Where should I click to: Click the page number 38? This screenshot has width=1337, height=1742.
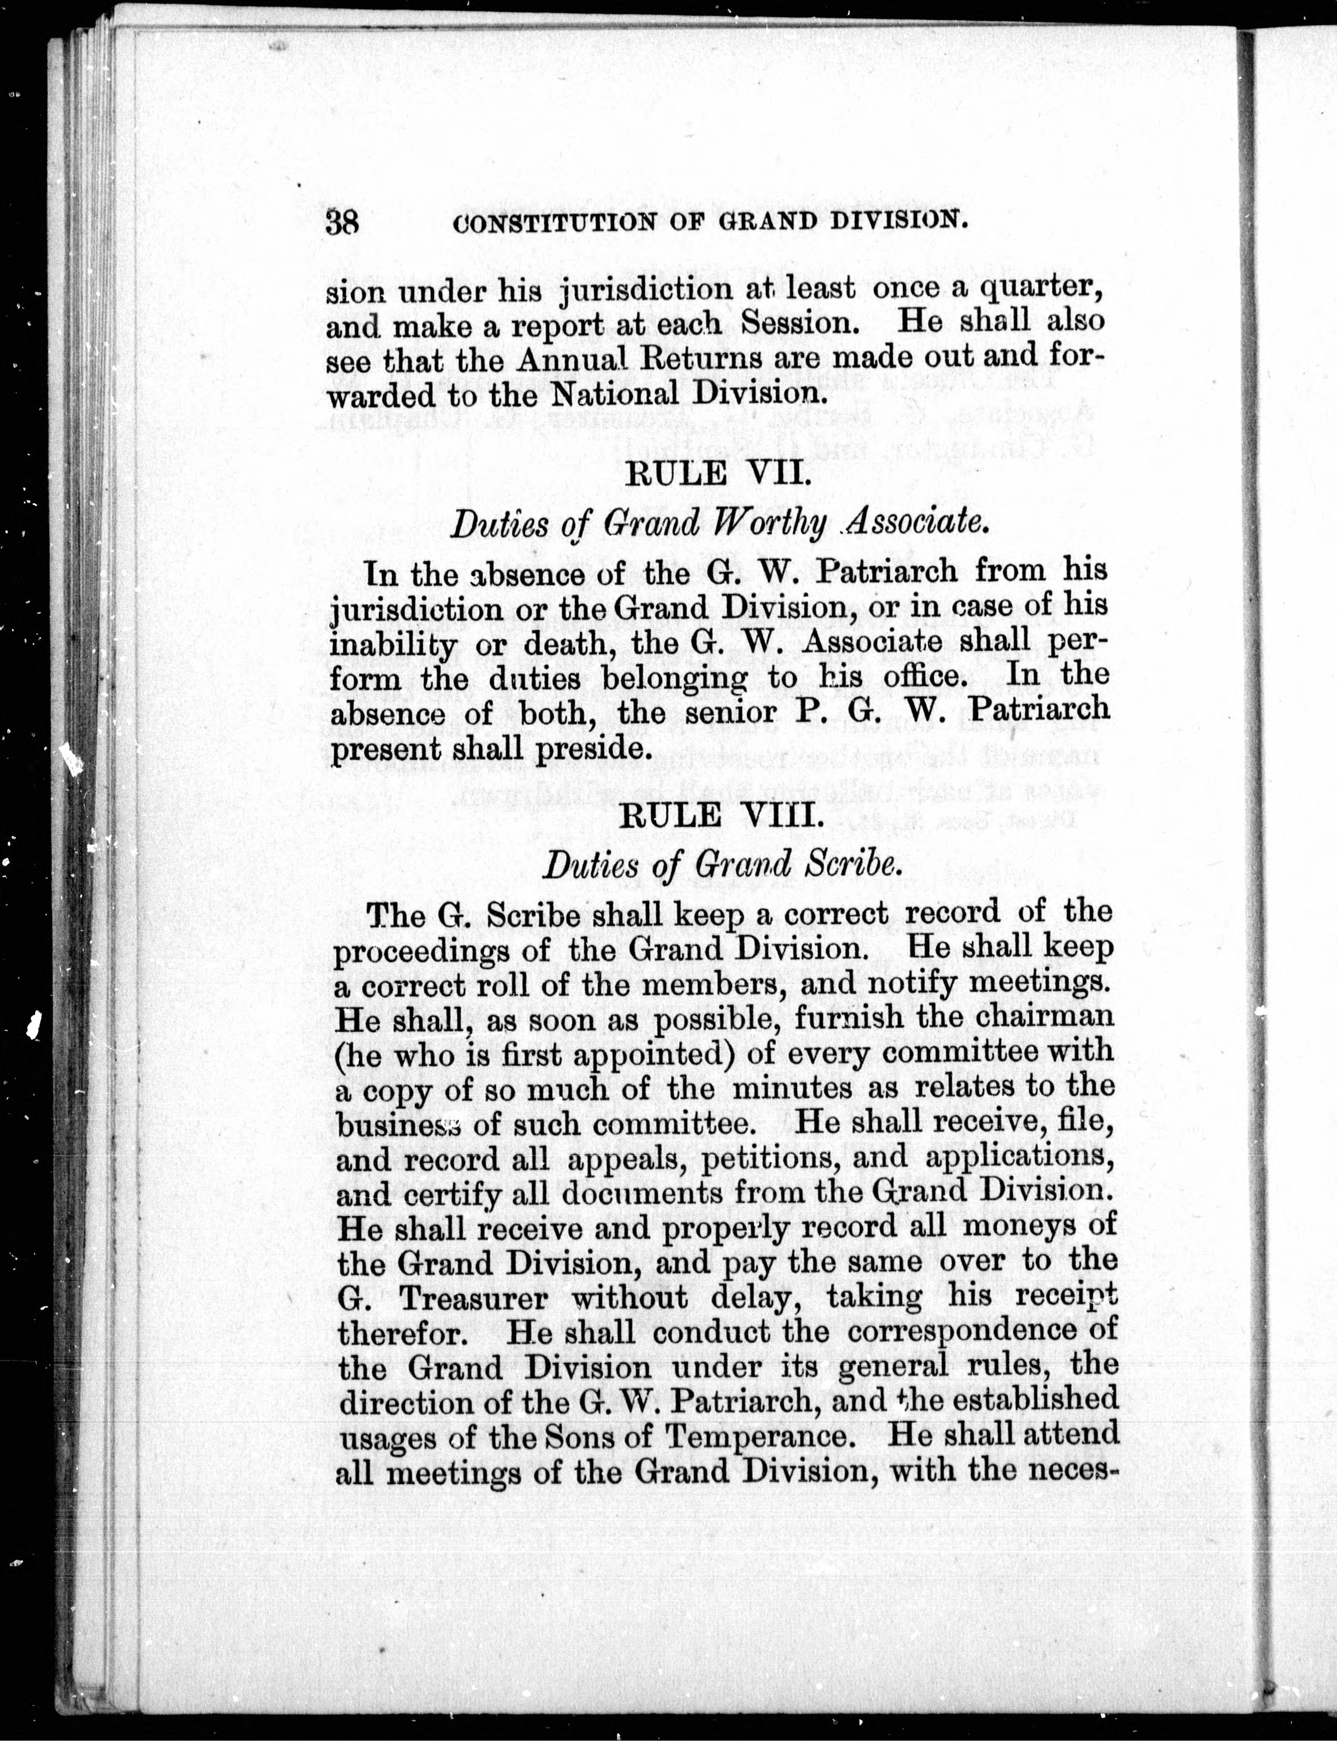[x=343, y=221]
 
